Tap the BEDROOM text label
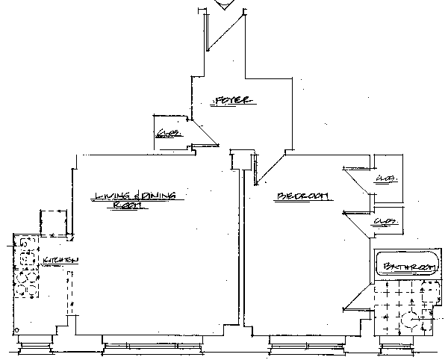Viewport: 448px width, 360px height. (x=303, y=196)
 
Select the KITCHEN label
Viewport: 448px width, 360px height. (x=60, y=260)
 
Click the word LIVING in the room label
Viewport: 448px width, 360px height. (x=111, y=196)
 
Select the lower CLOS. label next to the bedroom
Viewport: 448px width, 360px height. (x=385, y=222)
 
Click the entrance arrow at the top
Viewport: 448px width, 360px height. (x=223, y=5)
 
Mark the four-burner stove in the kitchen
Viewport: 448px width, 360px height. (x=26, y=288)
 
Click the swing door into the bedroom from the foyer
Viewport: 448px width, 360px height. (x=270, y=168)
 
